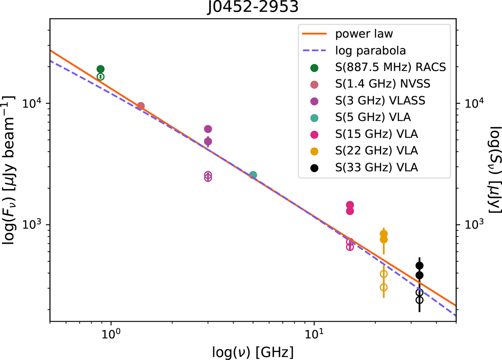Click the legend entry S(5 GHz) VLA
coord(376,118)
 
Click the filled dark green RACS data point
coord(100,69)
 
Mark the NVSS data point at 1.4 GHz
coord(141,106)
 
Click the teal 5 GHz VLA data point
coord(253,175)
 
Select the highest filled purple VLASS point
coord(208,129)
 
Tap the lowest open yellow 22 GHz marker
coord(384,287)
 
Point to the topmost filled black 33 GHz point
coord(420,266)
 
